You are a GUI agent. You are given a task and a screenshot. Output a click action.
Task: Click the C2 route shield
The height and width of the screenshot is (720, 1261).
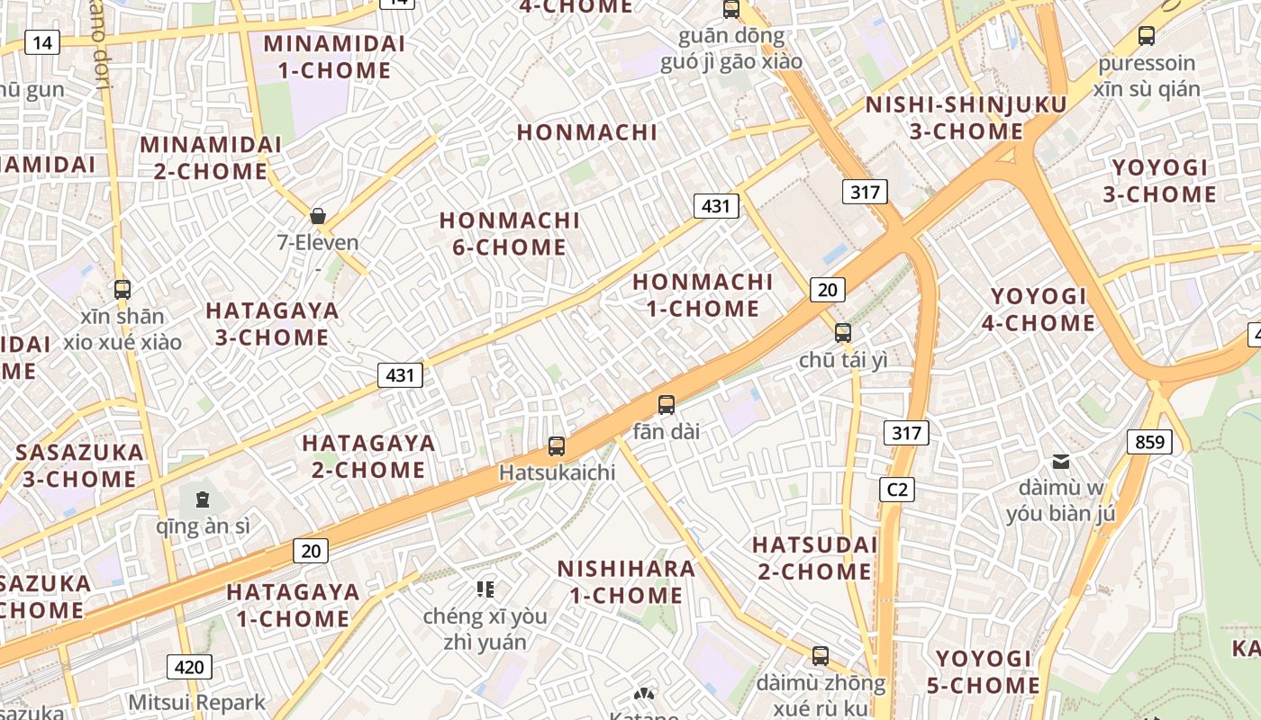coord(897,490)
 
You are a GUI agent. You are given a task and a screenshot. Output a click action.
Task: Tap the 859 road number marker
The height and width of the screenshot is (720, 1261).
coord(1149,442)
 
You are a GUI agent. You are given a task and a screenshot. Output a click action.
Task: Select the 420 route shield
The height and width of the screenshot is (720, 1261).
coord(189,667)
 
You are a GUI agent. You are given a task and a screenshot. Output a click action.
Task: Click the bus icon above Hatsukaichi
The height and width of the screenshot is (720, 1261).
coord(557,445)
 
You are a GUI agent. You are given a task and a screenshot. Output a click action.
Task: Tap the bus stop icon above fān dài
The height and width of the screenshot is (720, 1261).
coord(667,405)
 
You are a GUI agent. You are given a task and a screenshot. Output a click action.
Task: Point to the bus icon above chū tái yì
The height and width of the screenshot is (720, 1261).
coord(843,332)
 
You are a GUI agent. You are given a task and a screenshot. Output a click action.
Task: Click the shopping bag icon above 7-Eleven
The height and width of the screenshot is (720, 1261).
coord(318,216)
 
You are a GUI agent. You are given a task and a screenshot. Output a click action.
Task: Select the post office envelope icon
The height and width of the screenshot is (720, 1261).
coord(1062,462)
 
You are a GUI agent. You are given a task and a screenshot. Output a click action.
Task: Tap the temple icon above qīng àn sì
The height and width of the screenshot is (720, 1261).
coord(203,499)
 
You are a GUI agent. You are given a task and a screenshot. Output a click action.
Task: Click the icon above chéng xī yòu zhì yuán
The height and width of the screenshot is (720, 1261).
coord(485,589)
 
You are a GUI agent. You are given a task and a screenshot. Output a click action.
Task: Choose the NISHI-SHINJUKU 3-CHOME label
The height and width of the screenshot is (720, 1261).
coord(966,118)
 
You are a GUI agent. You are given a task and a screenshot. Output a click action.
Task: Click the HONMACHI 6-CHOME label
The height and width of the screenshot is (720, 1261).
coord(510,234)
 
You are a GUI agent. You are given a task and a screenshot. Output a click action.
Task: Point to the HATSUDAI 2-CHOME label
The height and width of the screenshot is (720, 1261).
coord(814,558)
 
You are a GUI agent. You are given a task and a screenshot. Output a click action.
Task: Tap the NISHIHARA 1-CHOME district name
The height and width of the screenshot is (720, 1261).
coord(626,581)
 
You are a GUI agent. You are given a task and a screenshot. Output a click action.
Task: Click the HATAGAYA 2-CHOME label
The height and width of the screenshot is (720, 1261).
coord(368,456)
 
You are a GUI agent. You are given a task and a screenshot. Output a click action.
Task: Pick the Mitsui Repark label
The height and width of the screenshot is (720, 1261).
coord(197,702)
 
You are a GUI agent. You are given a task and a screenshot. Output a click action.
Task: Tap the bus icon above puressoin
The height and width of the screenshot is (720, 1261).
coord(1146,36)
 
